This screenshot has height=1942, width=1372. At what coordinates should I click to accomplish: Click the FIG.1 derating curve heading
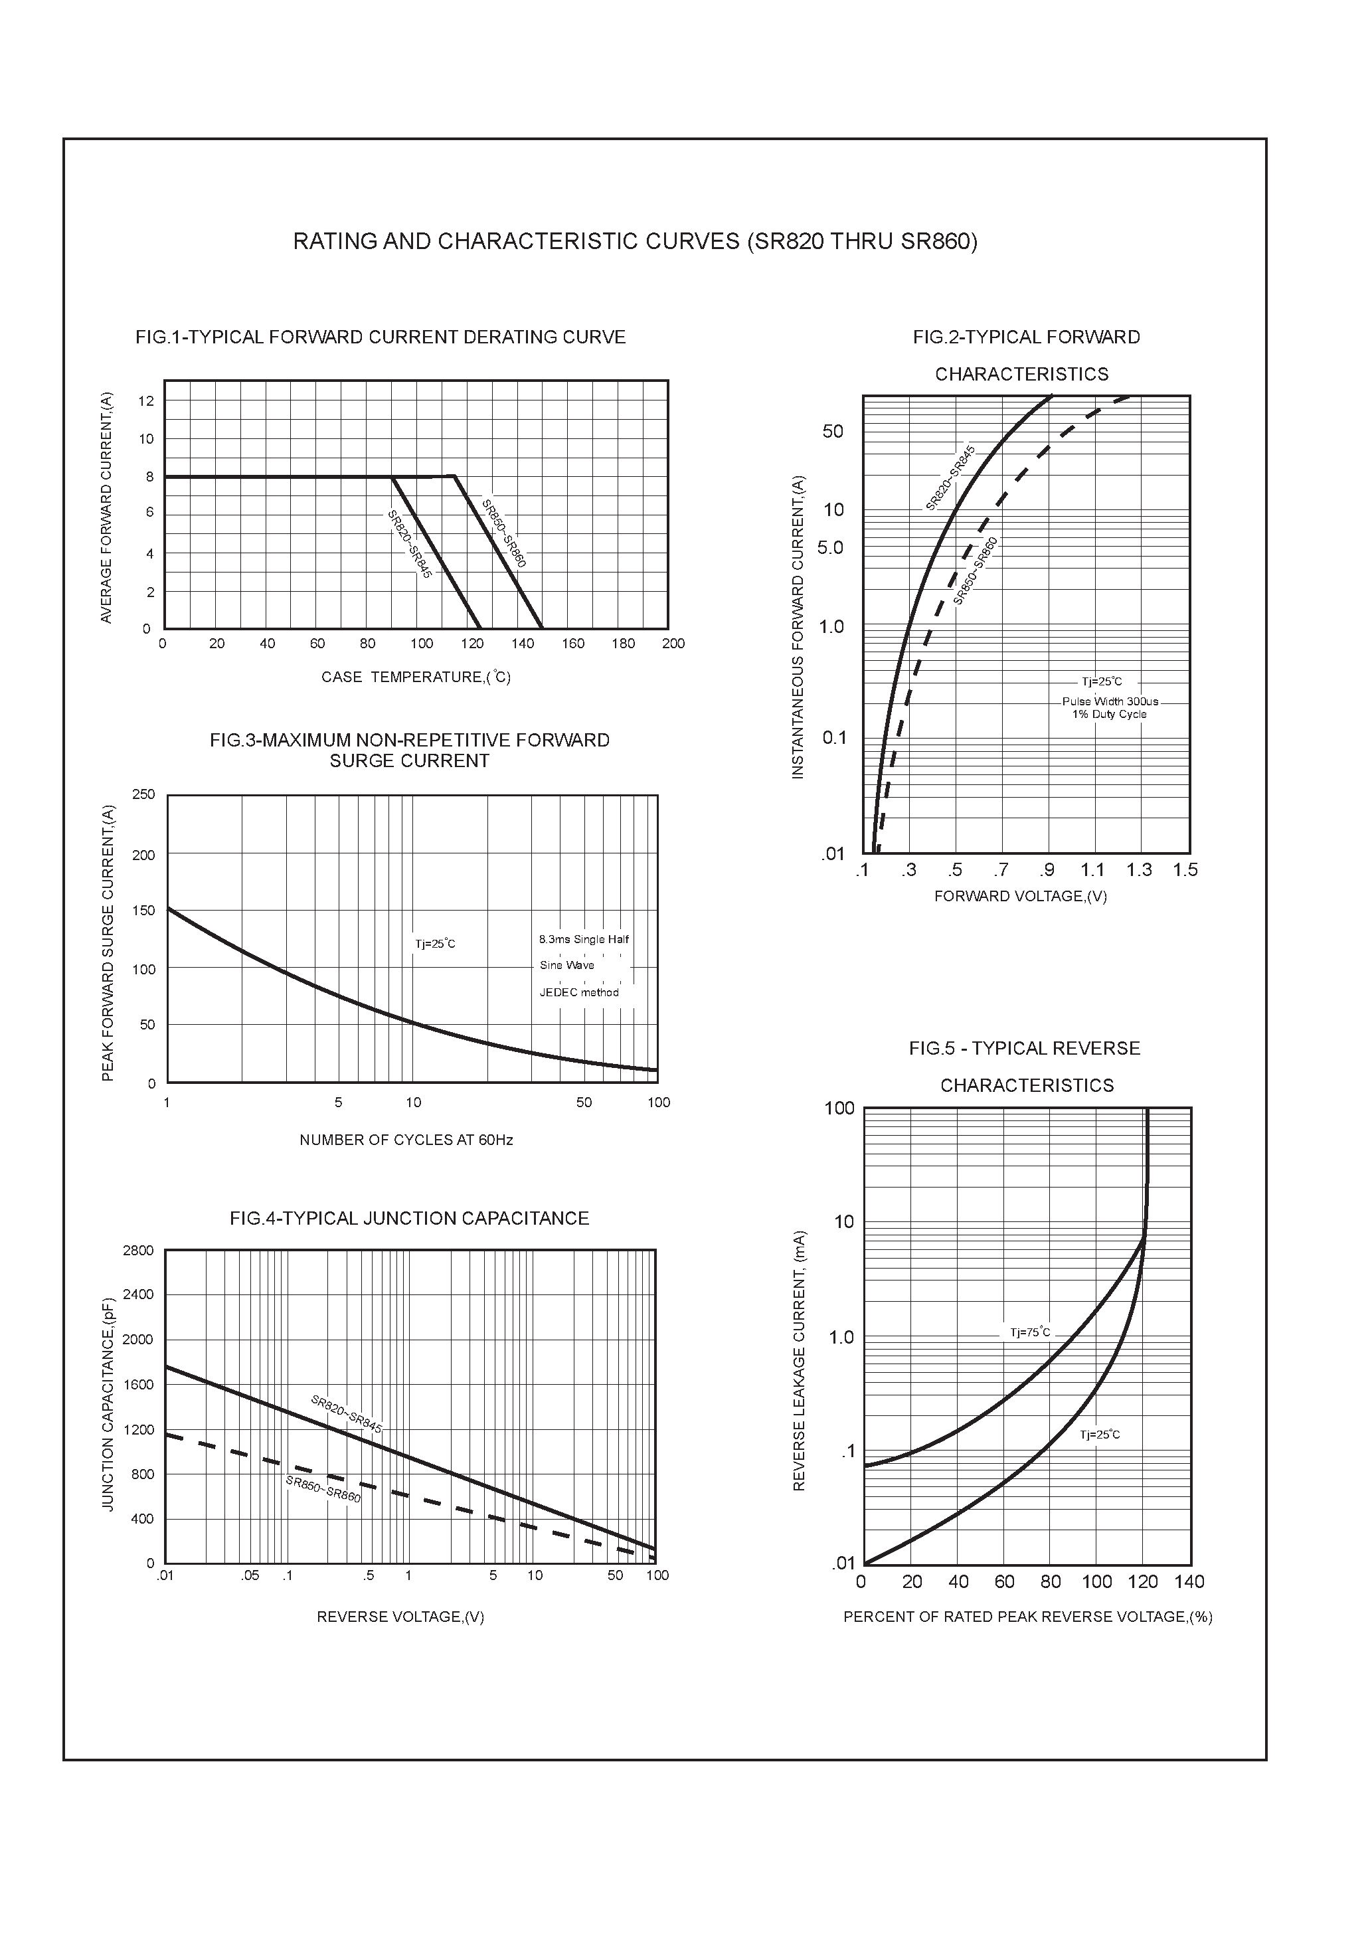pyautogui.click(x=381, y=337)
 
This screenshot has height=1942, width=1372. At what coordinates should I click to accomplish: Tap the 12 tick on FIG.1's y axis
pyautogui.click(x=146, y=401)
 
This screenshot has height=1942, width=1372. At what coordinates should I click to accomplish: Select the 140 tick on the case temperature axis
pyautogui.click(x=522, y=644)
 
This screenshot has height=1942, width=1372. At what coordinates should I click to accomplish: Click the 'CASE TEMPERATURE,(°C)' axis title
pyautogui.click(x=415, y=677)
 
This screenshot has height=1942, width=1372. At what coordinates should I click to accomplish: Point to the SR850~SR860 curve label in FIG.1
pyautogui.click(x=504, y=534)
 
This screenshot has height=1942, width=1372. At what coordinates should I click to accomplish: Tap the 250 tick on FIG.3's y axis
pyautogui.click(x=144, y=794)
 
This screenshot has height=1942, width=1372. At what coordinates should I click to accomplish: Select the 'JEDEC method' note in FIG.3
pyautogui.click(x=580, y=992)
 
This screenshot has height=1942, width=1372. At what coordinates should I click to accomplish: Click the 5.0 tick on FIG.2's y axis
pyautogui.click(x=831, y=548)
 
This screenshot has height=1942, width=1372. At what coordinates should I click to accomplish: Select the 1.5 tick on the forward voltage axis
pyautogui.click(x=1185, y=870)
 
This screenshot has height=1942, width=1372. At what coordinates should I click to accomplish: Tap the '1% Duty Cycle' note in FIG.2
pyautogui.click(x=1110, y=714)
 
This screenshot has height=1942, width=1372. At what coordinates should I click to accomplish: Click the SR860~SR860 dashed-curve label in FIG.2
pyautogui.click(x=976, y=572)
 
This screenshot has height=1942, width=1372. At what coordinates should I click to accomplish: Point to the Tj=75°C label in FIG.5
pyautogui.click(x=1030, y=1333)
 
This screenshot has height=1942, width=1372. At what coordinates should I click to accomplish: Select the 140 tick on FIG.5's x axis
pyautogui.click(x=1189, y=1581)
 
